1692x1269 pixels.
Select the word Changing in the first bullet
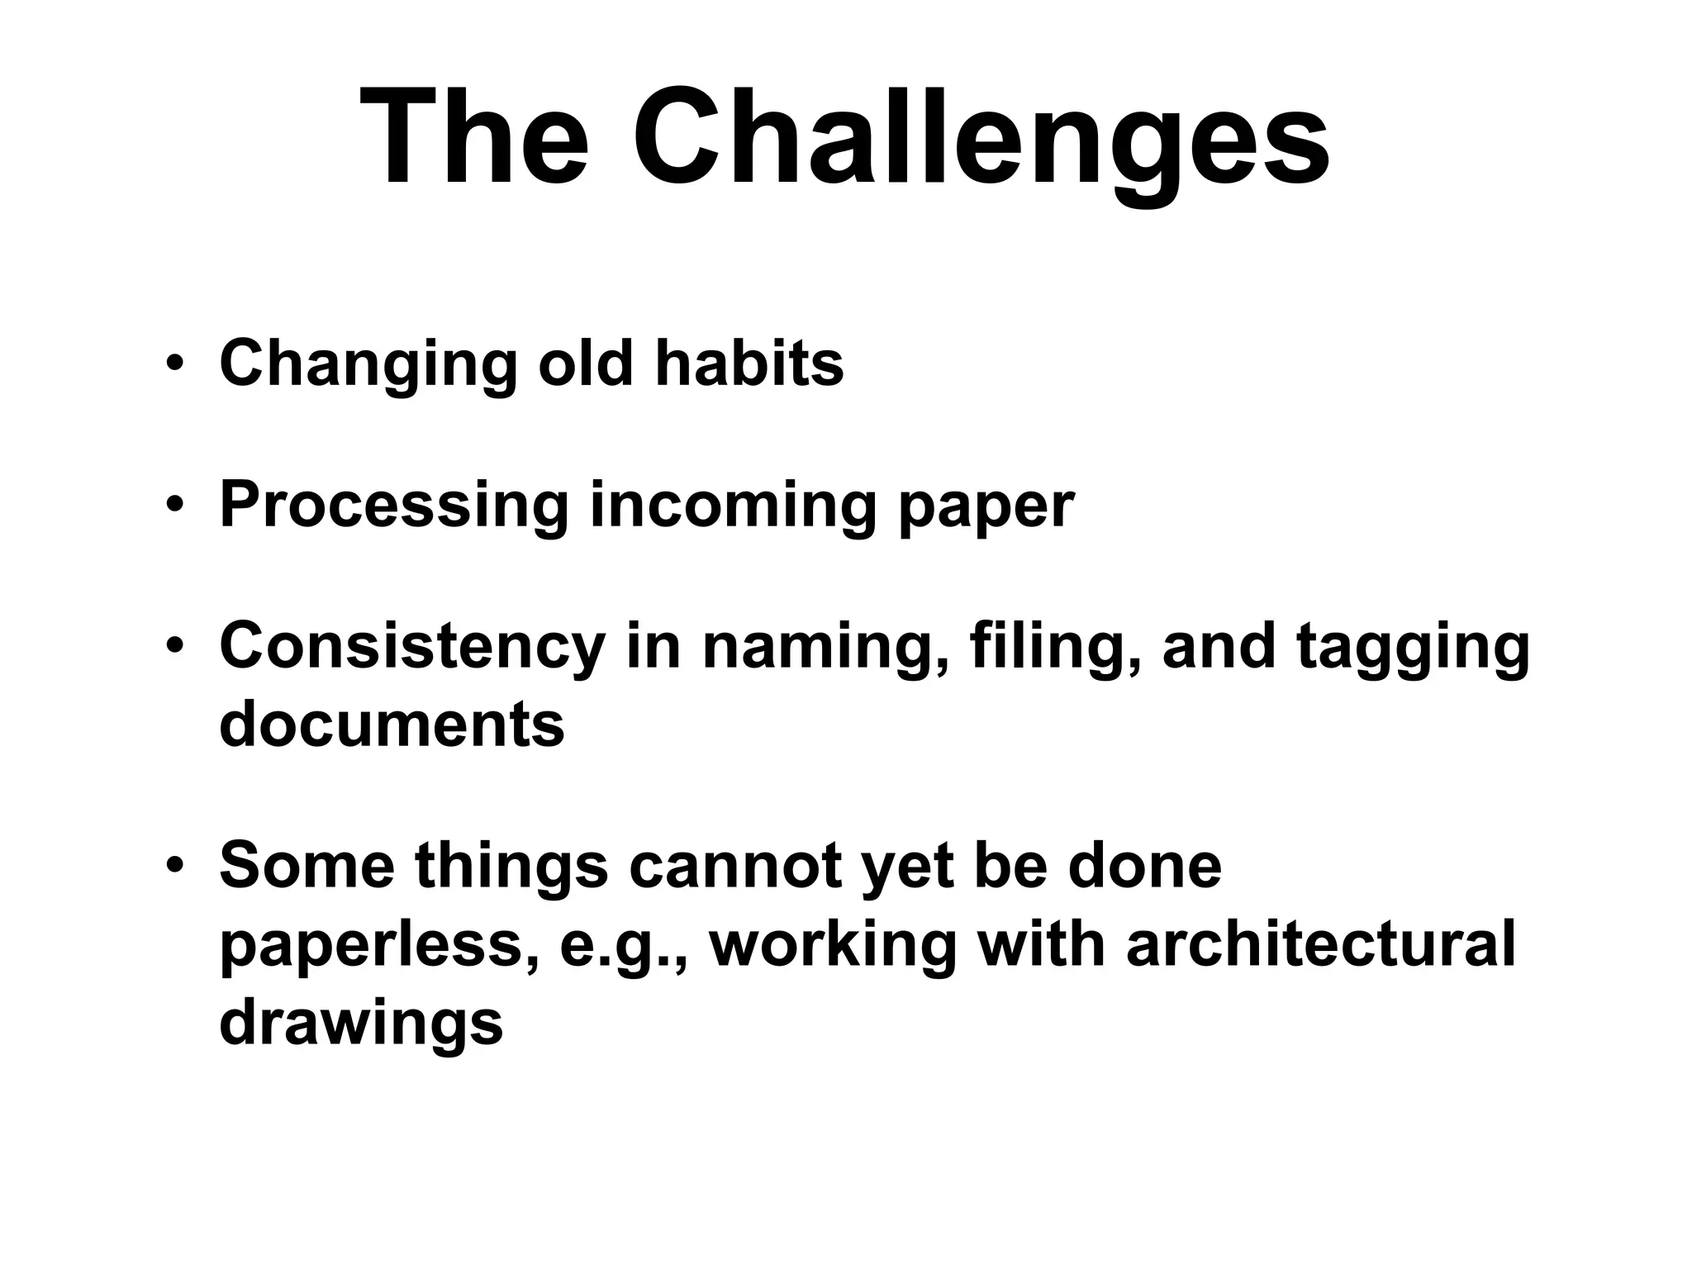click(x=368, y=365)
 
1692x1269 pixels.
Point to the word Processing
click(x=394, y=506)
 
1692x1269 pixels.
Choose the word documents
click(x=392, y=725)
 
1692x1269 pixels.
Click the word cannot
click(x=736, y=866)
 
